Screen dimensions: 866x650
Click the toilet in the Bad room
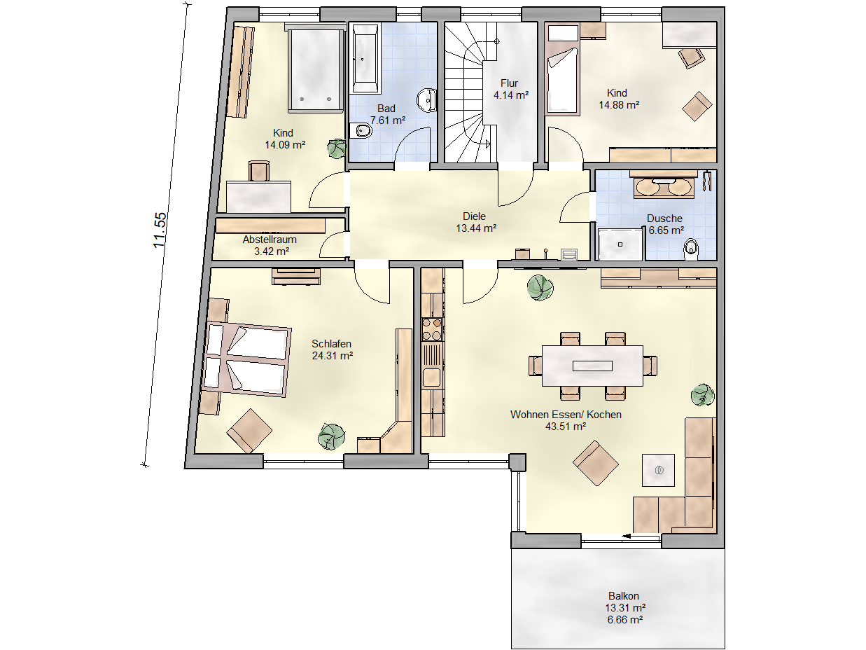pyautogui.click(x=361, y=131)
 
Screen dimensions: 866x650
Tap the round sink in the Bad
pyautogui.click(x=427, y=101)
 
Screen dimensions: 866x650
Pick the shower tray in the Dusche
pyautogui.click(x=620, y=244)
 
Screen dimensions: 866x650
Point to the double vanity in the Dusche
pyautogui.click(x=664, y=185)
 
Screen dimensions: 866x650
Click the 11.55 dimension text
pyautogui.click(x=160, y=230)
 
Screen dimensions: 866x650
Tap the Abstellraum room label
pyautogui.click(x=270, y=240)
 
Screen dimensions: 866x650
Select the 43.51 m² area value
pyautogui.click(x=566, y=427)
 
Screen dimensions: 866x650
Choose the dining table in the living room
pyautogui.click(x=592, y=366)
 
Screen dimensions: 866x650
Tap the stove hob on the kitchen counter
pyautogui.click(x=432, y=329)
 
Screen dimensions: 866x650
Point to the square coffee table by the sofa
pyautogui.click(x=658, y=470)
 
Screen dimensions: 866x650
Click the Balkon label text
pyautogui.click(x=623, y=595)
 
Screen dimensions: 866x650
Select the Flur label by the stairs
pyautogui.click(x=509, y=83)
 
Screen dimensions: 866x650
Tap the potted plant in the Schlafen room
pyautogui.click(x=331, y=436)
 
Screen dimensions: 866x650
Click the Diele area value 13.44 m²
pyautogui.click(x=476, y=228)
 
